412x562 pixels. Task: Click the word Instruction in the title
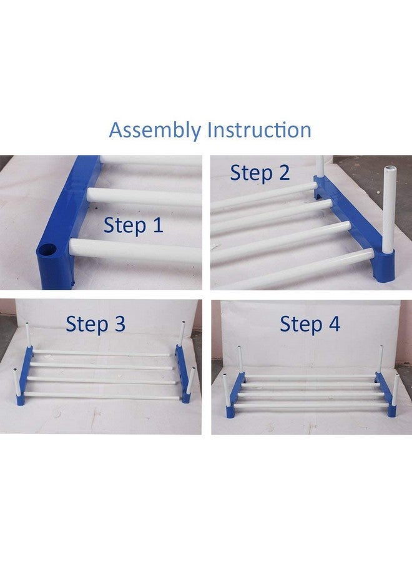[x=259, y=130]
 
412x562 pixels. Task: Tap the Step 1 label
[x=134, y=225]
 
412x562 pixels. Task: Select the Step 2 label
[x=260, y=172]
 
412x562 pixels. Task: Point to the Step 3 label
[x=96, y=324]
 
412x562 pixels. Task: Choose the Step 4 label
[x=310, y=325]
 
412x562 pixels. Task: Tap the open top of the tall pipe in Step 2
[x=390, y=170]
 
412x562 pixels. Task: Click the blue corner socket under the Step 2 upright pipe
[x=386, y=265]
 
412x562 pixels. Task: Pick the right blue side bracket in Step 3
[x=182, y=375]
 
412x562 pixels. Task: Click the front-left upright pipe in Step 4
[x=225, y=390]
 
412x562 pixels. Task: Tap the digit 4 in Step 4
[x=333, y=325]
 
